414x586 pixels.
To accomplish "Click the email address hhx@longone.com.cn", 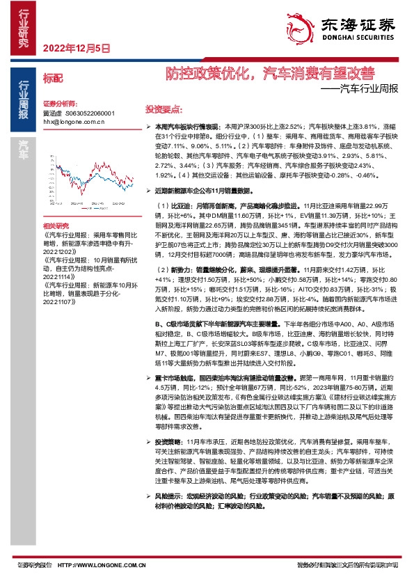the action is pos(74,120).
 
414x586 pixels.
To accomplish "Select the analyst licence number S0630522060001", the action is pos(89,112).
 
